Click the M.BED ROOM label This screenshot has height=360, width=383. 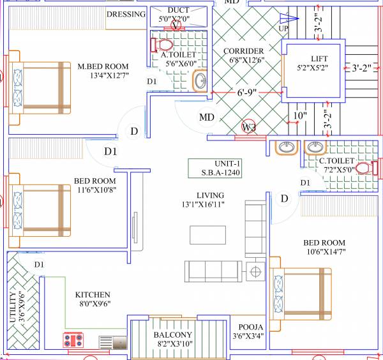coord(103,66)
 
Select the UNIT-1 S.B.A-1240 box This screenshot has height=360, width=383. coord(215,169)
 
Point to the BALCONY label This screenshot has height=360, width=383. coord(172,335)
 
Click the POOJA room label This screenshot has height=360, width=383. coord(246,327)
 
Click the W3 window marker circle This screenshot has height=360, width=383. coord(250,126)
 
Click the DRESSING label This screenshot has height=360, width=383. coord(126,15)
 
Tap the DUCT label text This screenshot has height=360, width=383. coord(178,10)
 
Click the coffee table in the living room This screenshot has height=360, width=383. coord(207,235)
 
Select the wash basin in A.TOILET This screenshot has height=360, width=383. coord(200,80)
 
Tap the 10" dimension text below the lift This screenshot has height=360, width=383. coord(300,117)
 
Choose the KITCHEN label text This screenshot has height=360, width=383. coord(93,295)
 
